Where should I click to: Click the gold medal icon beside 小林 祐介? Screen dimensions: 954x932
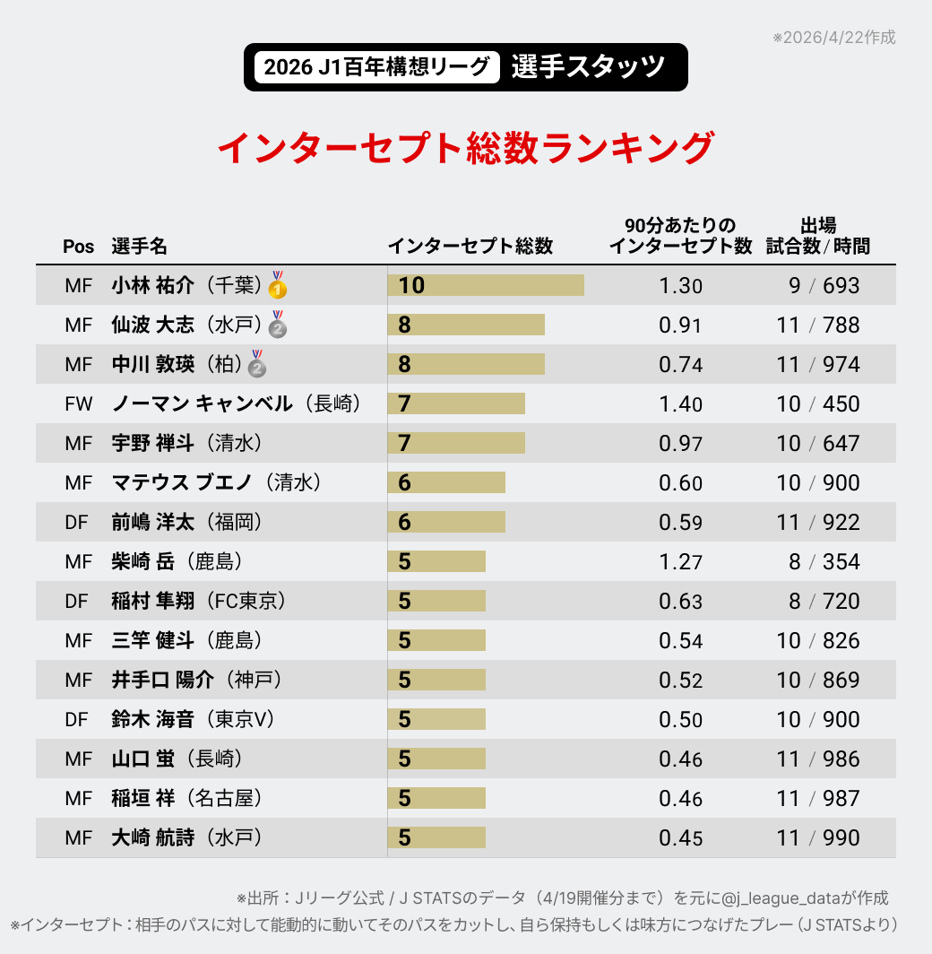(278, 285)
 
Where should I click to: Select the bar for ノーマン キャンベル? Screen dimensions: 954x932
(456, 403)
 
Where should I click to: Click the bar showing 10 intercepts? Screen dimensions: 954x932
(486, 285)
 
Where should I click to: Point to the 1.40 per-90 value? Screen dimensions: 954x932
(680, 403)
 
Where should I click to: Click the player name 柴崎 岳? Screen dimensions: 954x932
(144, 561)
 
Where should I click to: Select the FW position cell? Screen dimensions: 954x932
(79, 403)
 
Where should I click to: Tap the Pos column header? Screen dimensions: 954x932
(78, 247)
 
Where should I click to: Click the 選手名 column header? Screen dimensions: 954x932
(139, 247)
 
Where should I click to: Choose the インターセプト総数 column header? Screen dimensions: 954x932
(470, 247)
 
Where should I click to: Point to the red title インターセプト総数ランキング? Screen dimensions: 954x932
(466, 148)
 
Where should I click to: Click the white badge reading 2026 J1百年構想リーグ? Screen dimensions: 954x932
(376, 67)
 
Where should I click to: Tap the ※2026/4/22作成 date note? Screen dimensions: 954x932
(833, 38)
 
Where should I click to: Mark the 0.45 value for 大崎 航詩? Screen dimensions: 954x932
(680, 837)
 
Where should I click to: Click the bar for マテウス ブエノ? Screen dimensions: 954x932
(446, 482)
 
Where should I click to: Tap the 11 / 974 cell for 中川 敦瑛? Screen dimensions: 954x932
(818, 364)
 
